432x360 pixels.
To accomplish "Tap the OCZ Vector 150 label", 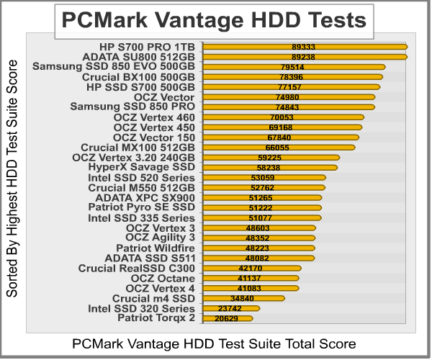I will coord(154,137).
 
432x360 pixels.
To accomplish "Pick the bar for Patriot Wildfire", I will coord(259,248).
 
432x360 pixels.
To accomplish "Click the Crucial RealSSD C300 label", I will coord(136,268).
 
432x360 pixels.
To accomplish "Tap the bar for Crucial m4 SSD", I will coord(245,298).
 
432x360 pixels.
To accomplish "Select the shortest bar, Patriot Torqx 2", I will coord(228,318).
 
